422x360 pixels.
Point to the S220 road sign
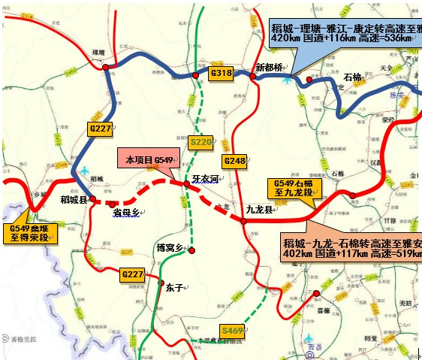(201, 141)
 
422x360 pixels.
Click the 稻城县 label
(74, 199)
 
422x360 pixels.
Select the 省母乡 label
(126, 213)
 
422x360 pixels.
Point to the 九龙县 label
(261, 210)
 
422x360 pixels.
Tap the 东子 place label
(174, 286)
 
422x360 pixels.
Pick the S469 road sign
(232, 330)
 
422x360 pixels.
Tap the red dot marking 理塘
(106, 68)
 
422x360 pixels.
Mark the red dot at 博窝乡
(192, 250)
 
